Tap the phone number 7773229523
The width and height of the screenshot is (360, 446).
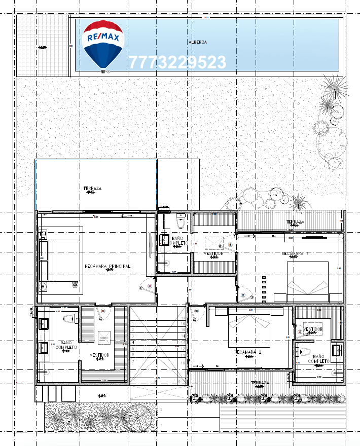(177, 62)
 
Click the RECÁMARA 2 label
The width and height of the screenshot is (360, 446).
(248, 352)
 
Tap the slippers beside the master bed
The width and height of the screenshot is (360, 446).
(77, 287)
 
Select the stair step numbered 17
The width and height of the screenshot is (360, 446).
(183, 318)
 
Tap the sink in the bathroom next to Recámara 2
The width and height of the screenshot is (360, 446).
(337, 350)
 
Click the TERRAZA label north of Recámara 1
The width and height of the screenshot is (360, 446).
(295, 222)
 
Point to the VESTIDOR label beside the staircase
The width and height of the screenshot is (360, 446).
(100, 355)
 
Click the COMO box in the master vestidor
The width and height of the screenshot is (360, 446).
(103, 337)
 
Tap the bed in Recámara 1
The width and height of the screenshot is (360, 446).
(308, 281)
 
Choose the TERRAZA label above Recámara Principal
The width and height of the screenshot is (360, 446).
(92, 189)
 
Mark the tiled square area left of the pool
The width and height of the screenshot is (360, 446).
(43, 47)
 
